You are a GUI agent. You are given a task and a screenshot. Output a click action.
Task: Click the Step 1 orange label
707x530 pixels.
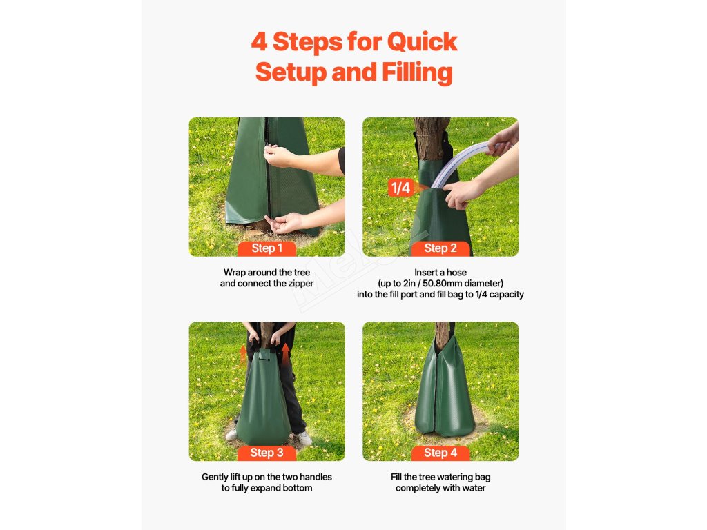pyautogui.click(x=267, y=248)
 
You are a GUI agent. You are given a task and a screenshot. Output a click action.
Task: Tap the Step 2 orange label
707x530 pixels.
pyautogui.click(x=440, y=248)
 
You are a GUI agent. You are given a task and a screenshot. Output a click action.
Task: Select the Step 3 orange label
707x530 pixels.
pyautogui.click(x=267, y=453)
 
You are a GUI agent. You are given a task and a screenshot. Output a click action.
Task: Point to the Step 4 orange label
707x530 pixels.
pyautogui.click(x=440, y=453)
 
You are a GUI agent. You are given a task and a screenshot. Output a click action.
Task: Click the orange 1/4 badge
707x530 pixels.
pyautogui.click(x=401, y=188)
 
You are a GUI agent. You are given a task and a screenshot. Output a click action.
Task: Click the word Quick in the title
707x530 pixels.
pyautogui.click(x=422, y=42)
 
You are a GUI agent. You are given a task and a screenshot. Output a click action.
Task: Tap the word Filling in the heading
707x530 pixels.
pyautogui.click(x=416, y=72)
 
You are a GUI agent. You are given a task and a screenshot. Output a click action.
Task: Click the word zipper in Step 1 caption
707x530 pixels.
pyautogui.click(x=301, y=284)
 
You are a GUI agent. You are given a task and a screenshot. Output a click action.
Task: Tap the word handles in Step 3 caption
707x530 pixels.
pyautogui.click(x=316, y=477)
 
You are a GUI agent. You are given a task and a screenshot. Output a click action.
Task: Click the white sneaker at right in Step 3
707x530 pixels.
pyautogui.click(x=302, y=438)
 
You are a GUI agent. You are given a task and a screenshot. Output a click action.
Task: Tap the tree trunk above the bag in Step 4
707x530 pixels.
pyautogui.click(x=441, y=334)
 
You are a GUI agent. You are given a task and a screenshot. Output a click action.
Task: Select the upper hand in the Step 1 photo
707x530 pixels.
pyautogui.click(x=278, y=156)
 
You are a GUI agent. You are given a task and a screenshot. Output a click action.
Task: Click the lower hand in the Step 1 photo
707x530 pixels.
pyautogui.click(x=284, y=223)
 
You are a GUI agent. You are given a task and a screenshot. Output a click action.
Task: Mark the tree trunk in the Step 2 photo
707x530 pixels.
pyautogui.click(x=432, y=139)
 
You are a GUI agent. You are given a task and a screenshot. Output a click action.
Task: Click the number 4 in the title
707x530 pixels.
pyautogui.click(x=259, y=42)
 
